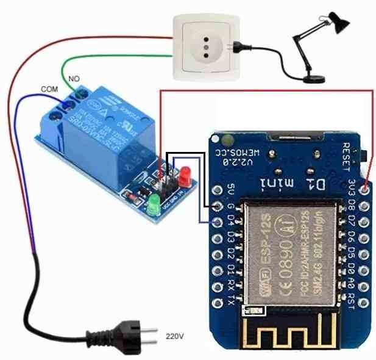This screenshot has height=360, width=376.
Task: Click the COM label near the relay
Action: (49, 89)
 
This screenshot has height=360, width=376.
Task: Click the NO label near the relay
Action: (74, 79)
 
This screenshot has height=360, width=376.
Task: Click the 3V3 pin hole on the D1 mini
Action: (366, 189)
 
